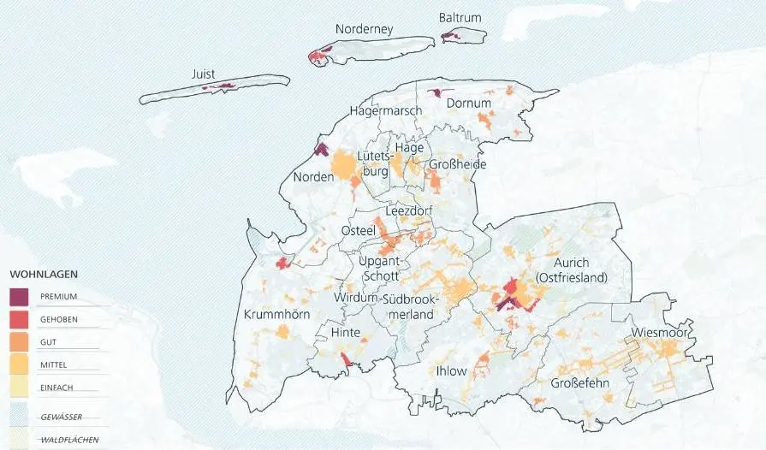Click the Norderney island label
[x=364, y=29]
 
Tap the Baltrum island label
[x=460, y=17]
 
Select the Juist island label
[x=204, y=74]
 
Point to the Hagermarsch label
[x=386, y=111]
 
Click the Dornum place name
[x=469, y=104]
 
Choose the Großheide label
[x=457, y=164]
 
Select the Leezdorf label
[x=408, y=210]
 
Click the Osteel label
[x=358, y=232]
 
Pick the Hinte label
[x=345, y=332]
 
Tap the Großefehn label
[x=580, y=382]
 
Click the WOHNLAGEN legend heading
[x=44, y=275]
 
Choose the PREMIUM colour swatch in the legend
[x=20, y=297]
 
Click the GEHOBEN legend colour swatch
[x=20, y=320]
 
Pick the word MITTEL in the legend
[x=55, y=365]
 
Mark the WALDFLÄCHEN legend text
[x=68, y=440]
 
